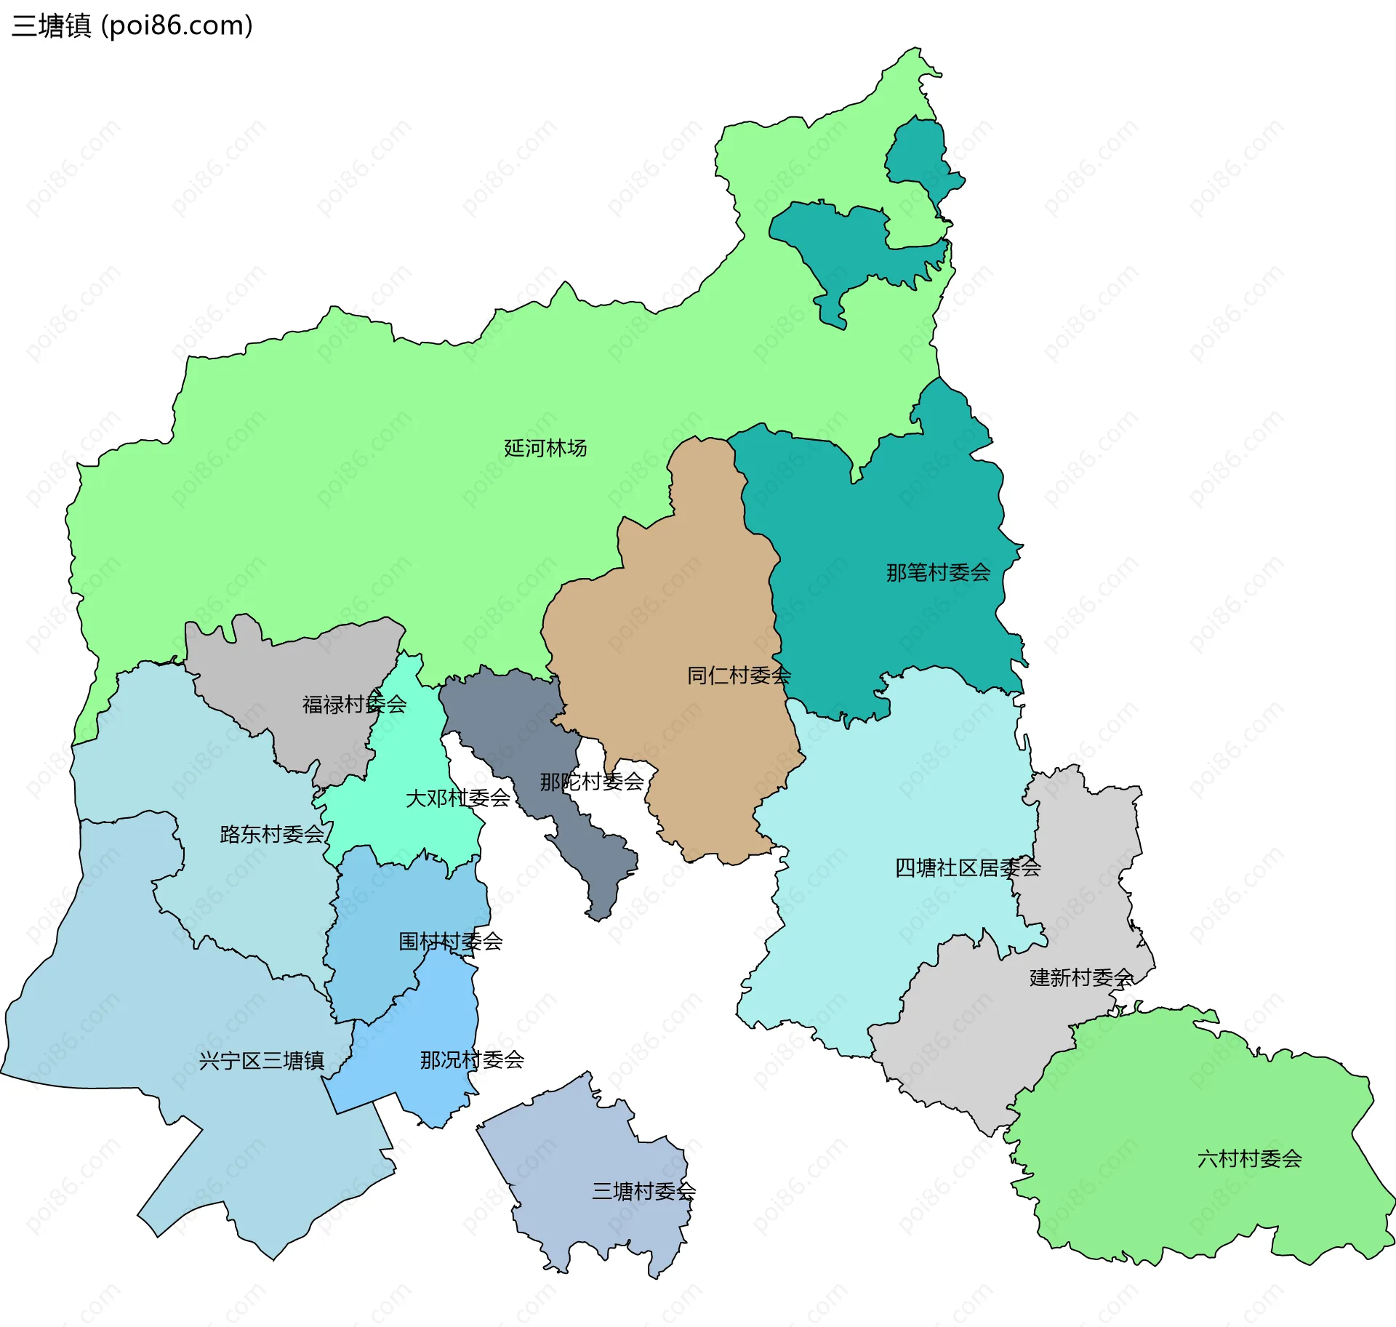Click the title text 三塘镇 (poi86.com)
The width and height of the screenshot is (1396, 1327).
click(x=132, y=26)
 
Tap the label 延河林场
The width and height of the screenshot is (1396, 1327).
click(x=545, y=448)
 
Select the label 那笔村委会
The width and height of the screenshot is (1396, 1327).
click(x=938, y=573)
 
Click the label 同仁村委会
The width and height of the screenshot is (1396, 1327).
click(x=739, y=675)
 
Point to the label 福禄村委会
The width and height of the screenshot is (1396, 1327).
click(x=354, y=705)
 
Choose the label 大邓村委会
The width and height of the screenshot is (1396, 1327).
click(x=457, y=798)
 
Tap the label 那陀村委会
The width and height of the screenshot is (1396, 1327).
click(x=591, y=782)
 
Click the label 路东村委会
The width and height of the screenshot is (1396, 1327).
click(x=272, y=834)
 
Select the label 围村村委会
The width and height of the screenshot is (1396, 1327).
click(x=450, y=942)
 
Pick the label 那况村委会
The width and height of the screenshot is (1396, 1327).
click(x=472, y=1059)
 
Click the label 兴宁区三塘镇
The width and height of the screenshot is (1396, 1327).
click(x=261, y=1061)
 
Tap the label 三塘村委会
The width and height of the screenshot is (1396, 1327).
click(x=643, y=1191)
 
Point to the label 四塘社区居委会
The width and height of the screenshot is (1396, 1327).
click(x=967, y=867)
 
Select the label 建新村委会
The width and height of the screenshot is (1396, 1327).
click(x=1081, y=977)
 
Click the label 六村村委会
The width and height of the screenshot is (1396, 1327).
click(x=1249, y=1158)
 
